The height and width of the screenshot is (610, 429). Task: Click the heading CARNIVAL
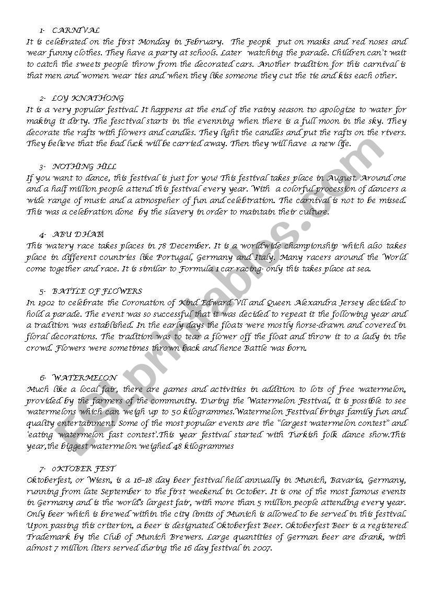click(76, 30)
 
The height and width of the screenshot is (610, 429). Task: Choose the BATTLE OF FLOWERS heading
click(97, 291)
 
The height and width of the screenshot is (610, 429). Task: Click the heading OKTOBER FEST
click(84, 469)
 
